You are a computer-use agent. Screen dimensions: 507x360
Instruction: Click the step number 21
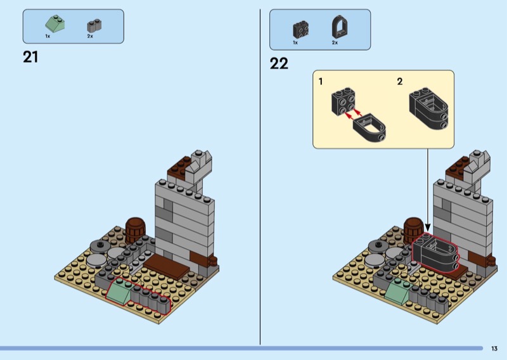30,57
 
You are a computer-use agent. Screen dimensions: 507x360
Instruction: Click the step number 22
279,63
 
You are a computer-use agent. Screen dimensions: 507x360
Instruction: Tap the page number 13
494,349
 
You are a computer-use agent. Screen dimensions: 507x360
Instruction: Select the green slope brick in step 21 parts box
55,23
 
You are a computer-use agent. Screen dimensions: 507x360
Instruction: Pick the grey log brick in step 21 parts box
94,25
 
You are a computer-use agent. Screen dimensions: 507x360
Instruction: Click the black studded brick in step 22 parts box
300,30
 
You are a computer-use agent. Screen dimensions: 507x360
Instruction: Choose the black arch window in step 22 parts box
340,27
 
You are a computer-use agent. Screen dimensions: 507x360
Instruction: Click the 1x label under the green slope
48,36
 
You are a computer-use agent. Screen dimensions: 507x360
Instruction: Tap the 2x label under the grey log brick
90,36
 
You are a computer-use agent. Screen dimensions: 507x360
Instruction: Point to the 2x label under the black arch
335,42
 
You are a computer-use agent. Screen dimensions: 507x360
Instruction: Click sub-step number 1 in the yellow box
321,82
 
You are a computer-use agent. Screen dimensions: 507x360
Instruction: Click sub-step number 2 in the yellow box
400,82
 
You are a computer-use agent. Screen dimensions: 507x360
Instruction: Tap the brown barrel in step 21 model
136,230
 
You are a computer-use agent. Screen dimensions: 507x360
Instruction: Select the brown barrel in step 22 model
414,229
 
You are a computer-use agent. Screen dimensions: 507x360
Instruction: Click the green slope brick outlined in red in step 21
119,291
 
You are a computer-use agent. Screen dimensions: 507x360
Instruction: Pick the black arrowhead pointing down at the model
428,228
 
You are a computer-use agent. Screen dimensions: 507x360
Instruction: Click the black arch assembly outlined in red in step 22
435,252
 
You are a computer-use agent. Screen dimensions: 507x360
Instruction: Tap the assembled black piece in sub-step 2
429,108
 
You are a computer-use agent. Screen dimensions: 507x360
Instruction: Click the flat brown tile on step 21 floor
166,267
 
